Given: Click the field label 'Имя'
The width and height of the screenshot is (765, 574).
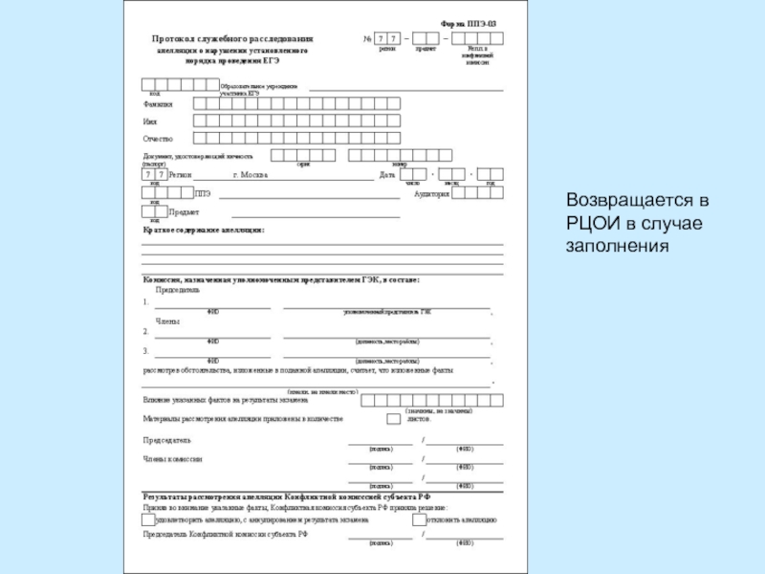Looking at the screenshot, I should (x=149, y=121).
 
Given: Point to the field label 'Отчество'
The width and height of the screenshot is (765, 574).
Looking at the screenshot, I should (x=158, y=139).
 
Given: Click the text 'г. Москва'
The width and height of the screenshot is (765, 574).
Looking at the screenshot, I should (x=251, y=175).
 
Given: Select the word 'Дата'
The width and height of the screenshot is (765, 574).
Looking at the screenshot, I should (x=386, y=175).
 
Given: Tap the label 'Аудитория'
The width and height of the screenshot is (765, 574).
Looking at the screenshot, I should (x=431, y=193).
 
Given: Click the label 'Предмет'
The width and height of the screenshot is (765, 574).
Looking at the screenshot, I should (x=184, y=211).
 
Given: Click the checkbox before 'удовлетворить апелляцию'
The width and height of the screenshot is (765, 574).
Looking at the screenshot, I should (x=147, y=521).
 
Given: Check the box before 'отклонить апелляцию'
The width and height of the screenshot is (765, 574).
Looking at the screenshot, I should (x=419, y=521).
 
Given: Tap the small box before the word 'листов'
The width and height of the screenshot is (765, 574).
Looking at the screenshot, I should (x=393, y=418).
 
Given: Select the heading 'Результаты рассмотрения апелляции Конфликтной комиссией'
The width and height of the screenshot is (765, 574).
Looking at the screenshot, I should (x=287, y=497).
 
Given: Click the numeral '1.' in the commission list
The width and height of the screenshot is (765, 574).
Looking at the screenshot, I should (x=145, y=302).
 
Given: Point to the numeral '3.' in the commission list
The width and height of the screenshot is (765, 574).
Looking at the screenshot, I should (x=145, y=351).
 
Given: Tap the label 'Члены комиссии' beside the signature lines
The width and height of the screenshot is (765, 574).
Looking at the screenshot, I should (x=172, y=459).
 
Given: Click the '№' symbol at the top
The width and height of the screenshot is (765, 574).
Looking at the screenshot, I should (x=367, y=38).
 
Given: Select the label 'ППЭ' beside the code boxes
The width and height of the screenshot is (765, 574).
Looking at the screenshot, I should (x=202, y=193).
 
